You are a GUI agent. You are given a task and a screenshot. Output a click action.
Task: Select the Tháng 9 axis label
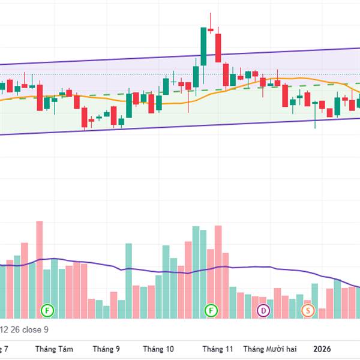(106, 348)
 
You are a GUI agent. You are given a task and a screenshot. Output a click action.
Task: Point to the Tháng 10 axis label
(158, 348)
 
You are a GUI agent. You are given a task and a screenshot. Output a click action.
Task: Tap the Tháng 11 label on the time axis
(217, 348)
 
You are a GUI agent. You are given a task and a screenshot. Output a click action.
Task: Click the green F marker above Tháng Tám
(47, 310)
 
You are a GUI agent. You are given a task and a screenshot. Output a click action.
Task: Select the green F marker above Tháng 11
(211, 310)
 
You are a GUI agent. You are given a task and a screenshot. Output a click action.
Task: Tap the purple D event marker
(263, 310)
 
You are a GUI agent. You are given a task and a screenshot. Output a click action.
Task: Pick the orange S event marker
(308, 310)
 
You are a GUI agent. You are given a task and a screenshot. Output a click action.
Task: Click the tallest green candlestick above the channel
(203, 46)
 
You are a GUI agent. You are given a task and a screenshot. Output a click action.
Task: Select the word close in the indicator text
(32, 329)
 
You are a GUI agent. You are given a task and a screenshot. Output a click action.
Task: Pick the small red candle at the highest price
(211, 27)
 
